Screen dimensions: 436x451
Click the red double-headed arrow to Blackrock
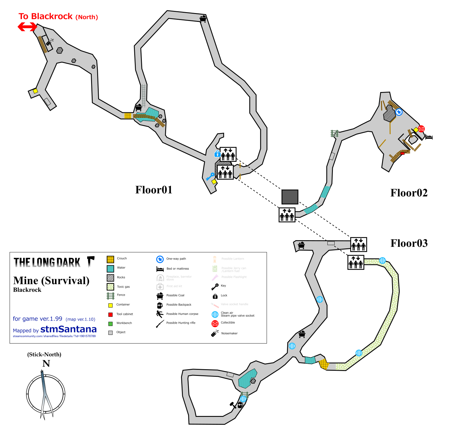tap(27, 27)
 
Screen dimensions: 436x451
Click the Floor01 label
tap(154, 190)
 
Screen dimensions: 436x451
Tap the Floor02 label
tap(409, 193)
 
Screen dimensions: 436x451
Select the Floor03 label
tap(409, 243)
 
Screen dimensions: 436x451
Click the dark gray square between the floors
tap(290, 197)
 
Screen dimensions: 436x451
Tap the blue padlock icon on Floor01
tap(217, 154)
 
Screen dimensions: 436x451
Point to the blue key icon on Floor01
tap(210, 176)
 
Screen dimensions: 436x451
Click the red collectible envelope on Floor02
tap(421, 129)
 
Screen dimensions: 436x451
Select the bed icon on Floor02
tap(429, 137)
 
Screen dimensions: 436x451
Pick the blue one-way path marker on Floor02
tap(399, 112)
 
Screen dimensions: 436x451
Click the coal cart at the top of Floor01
tap(203, 19)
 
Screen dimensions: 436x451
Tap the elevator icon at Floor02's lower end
tap(287, 215)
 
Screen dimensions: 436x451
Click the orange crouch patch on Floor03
tap(324, 364)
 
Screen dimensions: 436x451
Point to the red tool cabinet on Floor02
tap(402, 153)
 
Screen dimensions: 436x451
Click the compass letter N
tap(46, 363)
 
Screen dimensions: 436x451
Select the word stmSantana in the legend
tap(68, 329)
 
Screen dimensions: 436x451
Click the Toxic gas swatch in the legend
tap(111, 287)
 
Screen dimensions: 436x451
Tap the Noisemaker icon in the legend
tap(215, 333)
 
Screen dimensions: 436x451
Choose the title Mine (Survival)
tap(51, 281)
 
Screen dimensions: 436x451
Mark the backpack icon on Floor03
tap(240, 405)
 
